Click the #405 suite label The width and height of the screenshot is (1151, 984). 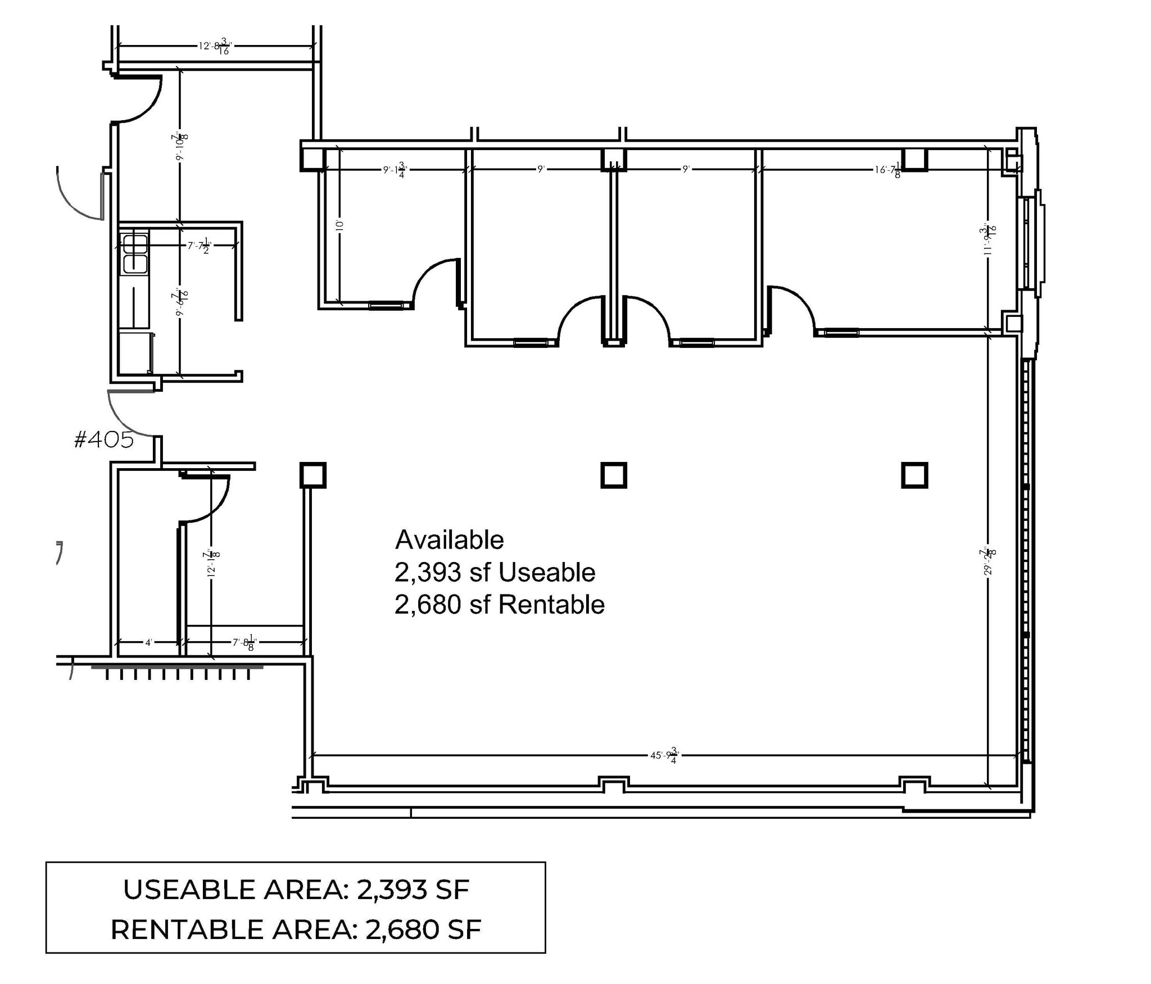[x=104, y=440]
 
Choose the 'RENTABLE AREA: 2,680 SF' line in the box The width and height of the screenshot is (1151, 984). [x=296, y=929]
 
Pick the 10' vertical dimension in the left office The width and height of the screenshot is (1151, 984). [x=339, y=225]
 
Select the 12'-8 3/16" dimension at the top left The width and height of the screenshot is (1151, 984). [x=214, y=46]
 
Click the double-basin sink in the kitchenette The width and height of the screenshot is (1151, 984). [x=135, y=253]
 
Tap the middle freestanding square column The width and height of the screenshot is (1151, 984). [x=614, y=475]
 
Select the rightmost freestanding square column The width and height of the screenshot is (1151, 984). [x=914, y=475]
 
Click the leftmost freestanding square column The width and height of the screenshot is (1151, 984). [x=312, y=475]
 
